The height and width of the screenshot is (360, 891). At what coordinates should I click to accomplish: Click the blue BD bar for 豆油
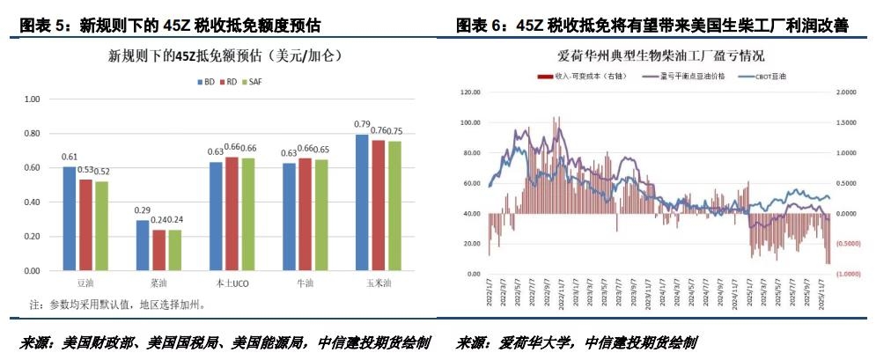point(69,218)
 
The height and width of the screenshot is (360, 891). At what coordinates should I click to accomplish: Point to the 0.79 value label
point(362,124)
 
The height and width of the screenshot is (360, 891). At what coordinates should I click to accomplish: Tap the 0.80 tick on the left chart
point(32,134)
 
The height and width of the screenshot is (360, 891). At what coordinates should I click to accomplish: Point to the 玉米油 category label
point(379,284)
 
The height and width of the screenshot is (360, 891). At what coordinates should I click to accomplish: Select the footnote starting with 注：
point(117,305)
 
